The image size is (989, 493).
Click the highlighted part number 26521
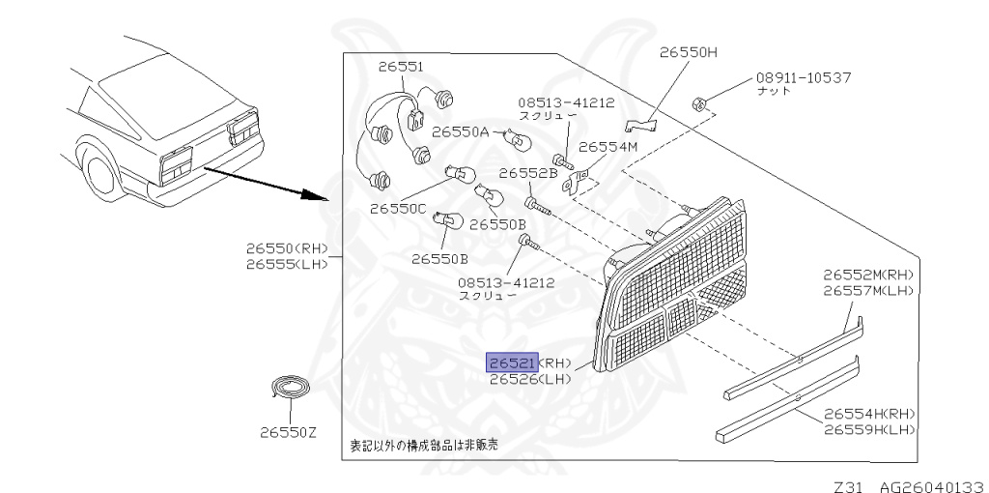pyautogui.click(x=512, y=362)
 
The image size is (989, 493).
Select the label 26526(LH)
pyautogui.click(x=530, y=379)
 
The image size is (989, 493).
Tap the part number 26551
pyautogui.click(x=400, y=67)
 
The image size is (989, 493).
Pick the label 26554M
pyautogui.click(x=608, y=147)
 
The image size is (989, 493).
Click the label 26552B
pyautogui.click(x=528, y=174)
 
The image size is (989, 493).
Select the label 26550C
pyautogui.click(x=398, y=208)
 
